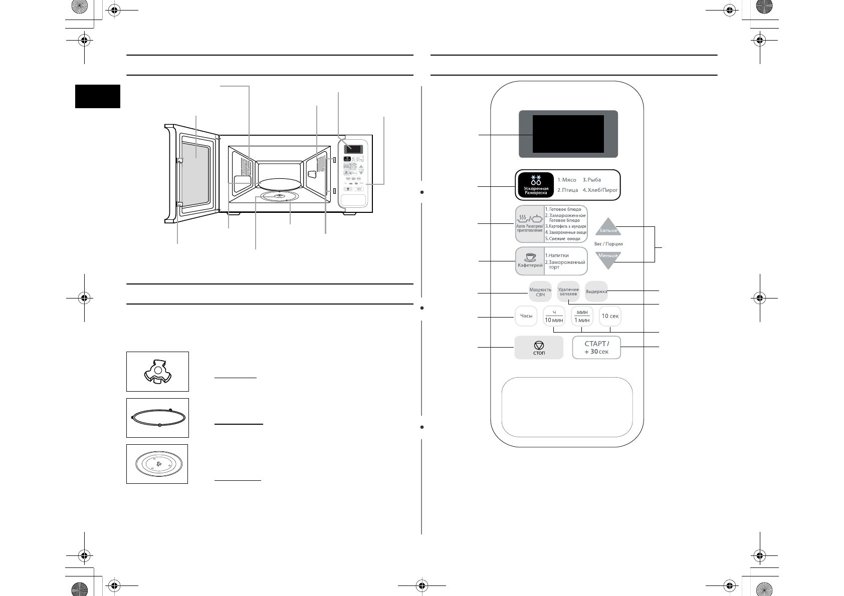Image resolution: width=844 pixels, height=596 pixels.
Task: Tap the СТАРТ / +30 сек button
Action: [596, 347]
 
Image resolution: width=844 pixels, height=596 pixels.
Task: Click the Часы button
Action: [526, 316]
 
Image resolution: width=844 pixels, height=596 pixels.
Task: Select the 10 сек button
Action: [610, 316]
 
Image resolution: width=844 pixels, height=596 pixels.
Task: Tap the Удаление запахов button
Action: [568, 291]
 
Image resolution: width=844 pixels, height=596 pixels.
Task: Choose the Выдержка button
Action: [596, 291]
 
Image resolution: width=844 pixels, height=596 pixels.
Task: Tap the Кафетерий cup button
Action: [530, 260]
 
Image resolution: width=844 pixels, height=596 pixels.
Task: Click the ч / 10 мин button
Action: [554, 316]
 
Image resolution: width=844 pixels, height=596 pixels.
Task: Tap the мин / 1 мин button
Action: [582, 316]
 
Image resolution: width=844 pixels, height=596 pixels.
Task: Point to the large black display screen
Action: [568, 134]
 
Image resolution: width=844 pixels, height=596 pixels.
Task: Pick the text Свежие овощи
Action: [565, 239]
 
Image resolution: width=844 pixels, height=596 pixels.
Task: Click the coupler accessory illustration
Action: [157, 372]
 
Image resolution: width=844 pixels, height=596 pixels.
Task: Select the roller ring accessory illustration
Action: [157, 418]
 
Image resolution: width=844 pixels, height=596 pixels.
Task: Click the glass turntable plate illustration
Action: [157, 464]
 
